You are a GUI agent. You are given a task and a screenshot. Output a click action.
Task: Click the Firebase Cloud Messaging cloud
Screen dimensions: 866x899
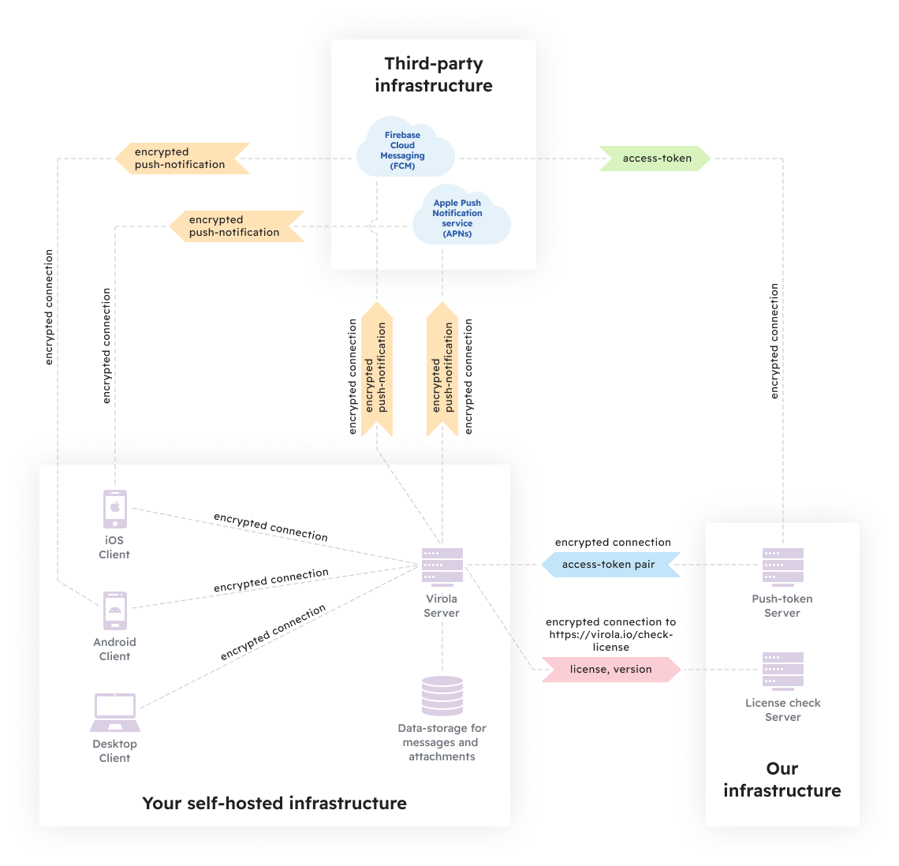405,150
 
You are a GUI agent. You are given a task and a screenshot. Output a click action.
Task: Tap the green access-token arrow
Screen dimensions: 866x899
655,159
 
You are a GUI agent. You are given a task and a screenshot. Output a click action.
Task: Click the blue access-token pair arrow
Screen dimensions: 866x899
610,565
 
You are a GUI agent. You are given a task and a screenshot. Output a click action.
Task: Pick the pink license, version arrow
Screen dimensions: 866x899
610,670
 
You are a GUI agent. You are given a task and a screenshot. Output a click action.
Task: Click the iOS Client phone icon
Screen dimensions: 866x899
115,509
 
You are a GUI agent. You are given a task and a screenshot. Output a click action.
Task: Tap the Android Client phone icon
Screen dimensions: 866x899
115,610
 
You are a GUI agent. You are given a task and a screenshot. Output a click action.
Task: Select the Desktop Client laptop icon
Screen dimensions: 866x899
115,712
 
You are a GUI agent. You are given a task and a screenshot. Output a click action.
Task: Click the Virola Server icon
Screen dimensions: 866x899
442,566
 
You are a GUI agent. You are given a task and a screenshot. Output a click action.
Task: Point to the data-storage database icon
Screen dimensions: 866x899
442,696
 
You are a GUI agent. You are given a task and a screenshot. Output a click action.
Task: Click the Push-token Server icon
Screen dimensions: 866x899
782,566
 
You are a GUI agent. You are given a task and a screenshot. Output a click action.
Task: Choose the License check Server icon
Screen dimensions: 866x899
782,670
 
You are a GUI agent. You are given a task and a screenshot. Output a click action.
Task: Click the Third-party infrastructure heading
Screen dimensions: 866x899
434,75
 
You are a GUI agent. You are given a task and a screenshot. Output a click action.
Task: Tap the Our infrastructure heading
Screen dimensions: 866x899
782,779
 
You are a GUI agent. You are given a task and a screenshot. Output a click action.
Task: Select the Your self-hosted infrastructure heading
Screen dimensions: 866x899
274,803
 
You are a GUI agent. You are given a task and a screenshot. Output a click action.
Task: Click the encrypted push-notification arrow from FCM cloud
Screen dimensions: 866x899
181,159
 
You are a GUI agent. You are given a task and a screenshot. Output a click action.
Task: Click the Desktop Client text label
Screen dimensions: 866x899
115,751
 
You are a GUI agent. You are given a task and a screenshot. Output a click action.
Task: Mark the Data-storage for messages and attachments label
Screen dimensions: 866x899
442,742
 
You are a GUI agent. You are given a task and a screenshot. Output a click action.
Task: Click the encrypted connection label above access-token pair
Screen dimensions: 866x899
613,543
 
